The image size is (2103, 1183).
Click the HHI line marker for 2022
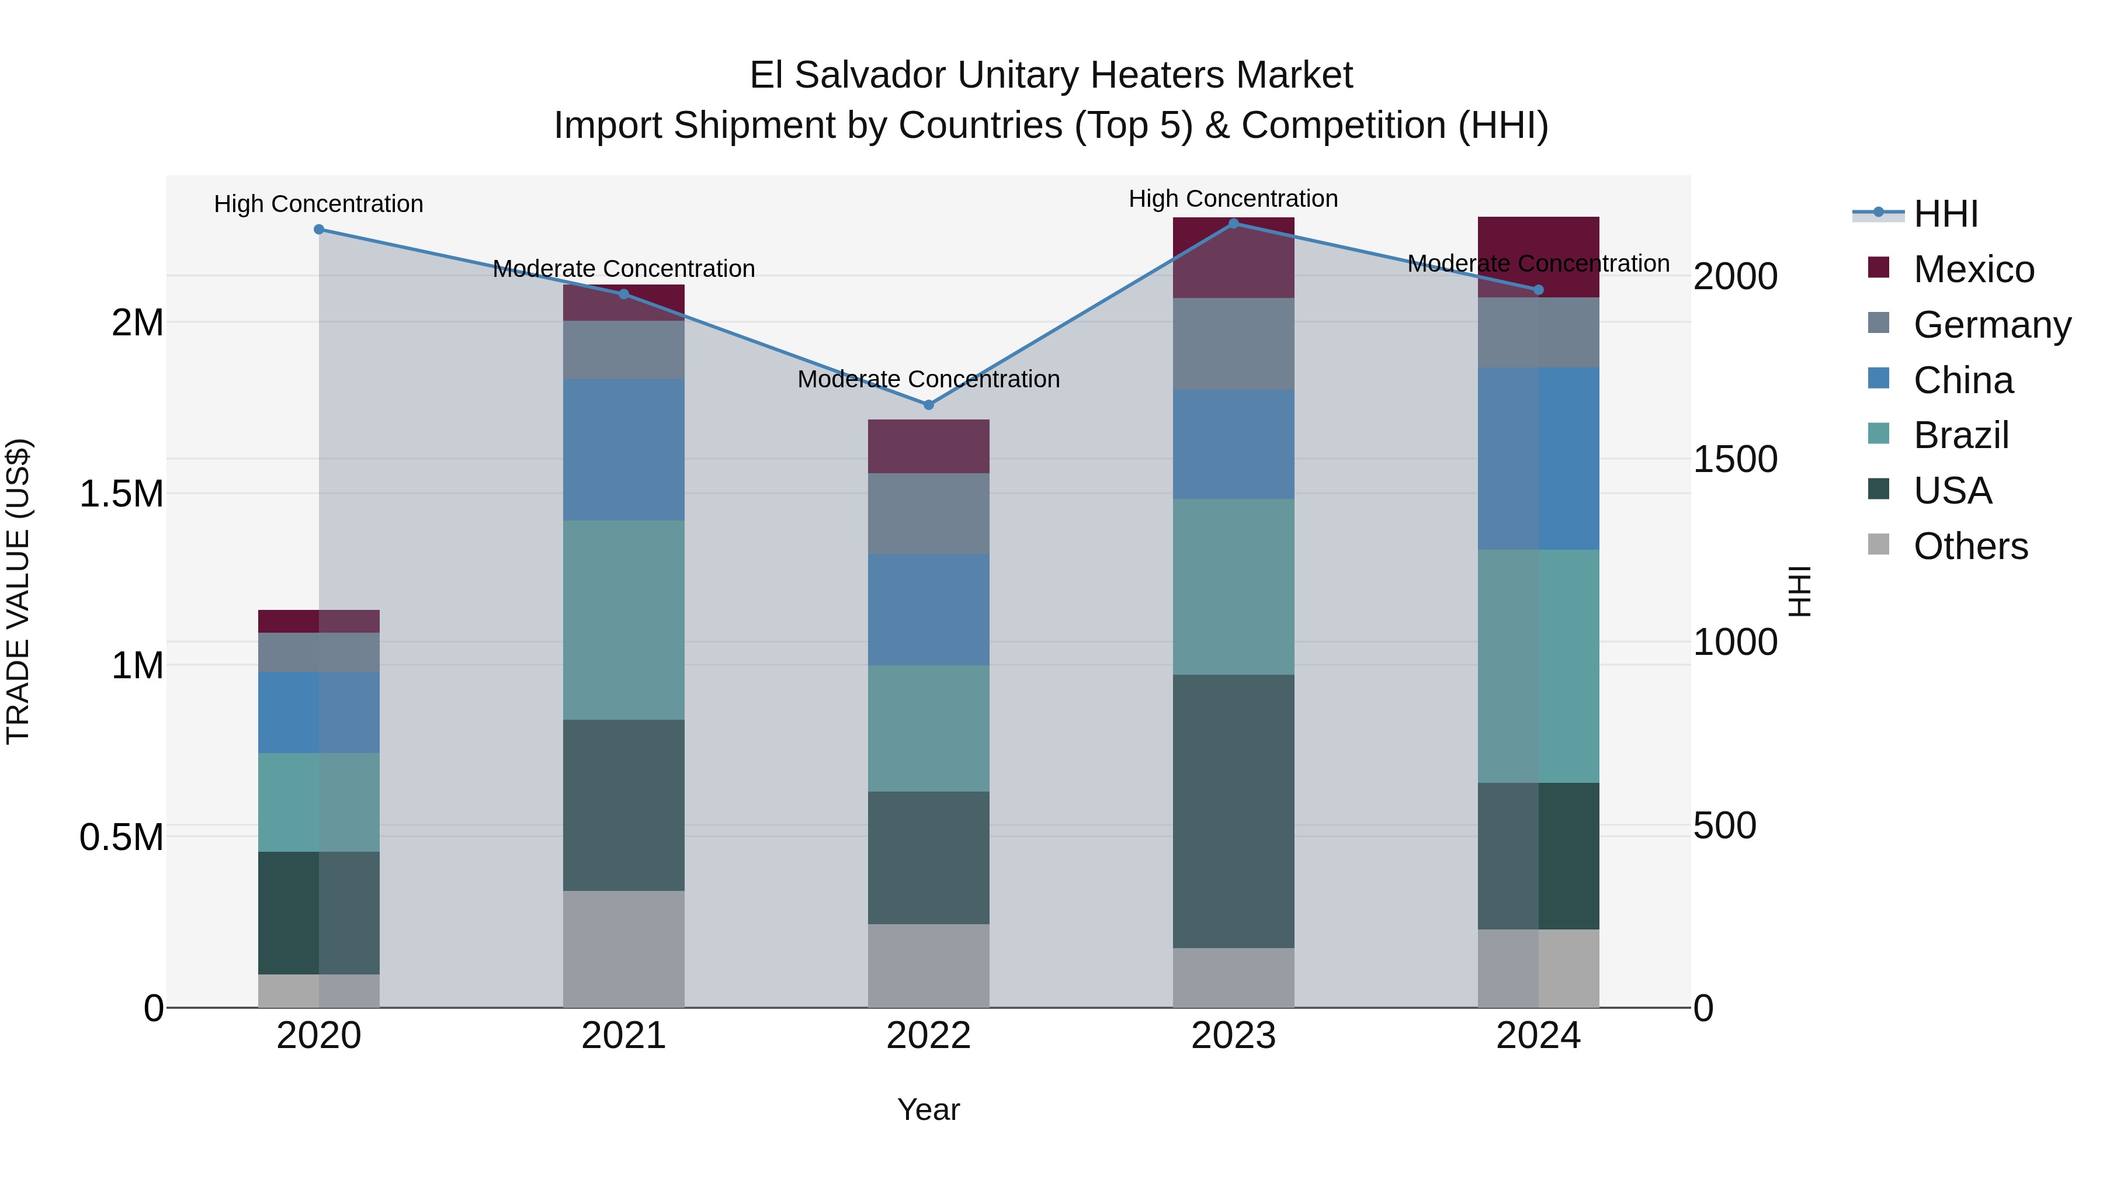pyautogui.click(x=928, y=405)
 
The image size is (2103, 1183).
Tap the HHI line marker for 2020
pyautogui.click(x=319, y=230)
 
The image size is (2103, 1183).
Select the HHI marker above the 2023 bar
pyautogui.click(x=1234, y=224)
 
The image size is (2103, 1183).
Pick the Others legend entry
pyautogui.click(x=1969, y=546)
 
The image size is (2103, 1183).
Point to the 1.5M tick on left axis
pyautogui.click(x=121, y=494)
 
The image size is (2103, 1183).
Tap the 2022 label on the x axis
pyautogui.click(x=928, y=1036)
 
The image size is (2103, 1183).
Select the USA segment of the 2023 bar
pyautogui.click(x=1234, y=811)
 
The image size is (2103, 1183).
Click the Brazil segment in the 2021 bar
pyautogui.click(x=624, y=620)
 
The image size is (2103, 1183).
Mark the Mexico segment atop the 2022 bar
pyautogui.click(x=928, y=446)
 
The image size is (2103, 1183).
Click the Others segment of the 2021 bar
pyautogui.click(x=624, y=949)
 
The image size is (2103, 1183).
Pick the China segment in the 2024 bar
pyautogui.click(x=1538, y=458)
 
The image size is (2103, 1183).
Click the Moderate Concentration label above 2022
pyautogui.click(x=928, y=380)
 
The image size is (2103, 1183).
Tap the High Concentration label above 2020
pyautogui.click(x=318, y=204)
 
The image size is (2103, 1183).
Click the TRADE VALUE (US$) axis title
pyautogui.click(x=18, y=591)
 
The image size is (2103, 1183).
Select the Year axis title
pyautogui.click(x=928, y=1111)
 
